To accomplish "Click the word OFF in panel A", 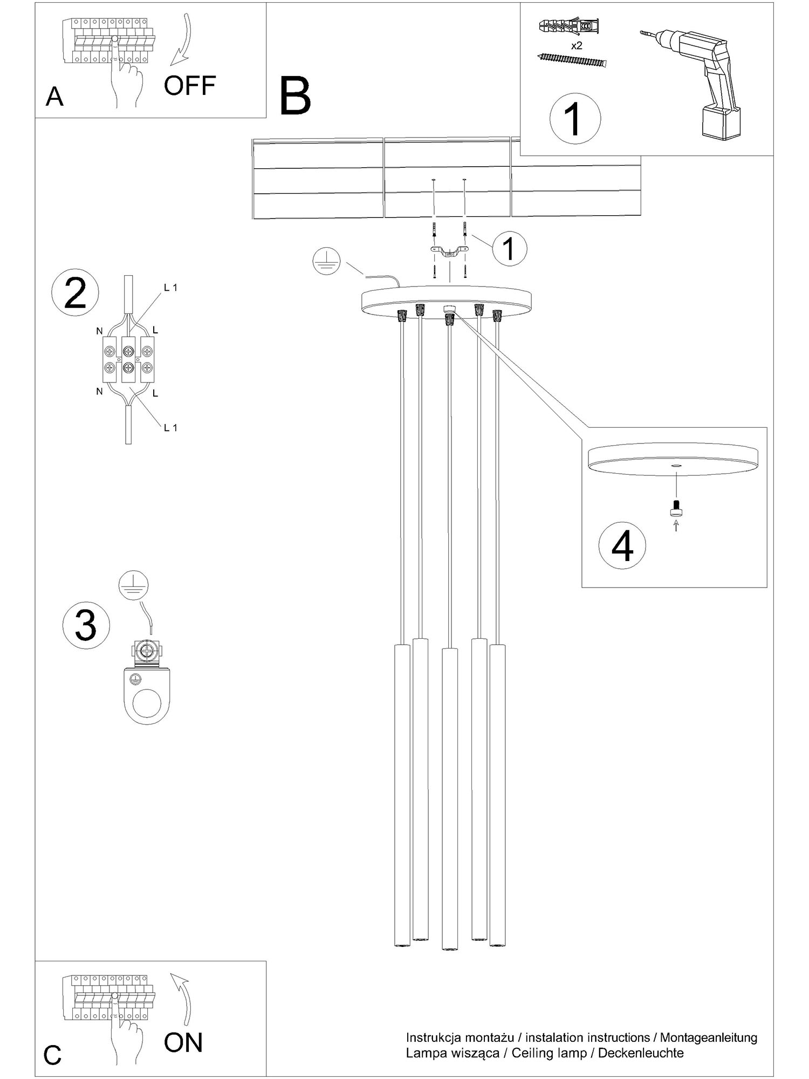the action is pos(190,85).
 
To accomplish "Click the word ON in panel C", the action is pos(183,1043).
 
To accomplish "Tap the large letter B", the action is pos(296,96).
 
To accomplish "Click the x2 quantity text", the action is pos(577,46).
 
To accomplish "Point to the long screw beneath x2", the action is pos(572,59).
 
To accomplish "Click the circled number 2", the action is pos(75,293).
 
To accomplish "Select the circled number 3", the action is pos(86,626).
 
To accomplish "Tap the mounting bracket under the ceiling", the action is pos(449,251).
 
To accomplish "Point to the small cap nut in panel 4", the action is pos(676,508).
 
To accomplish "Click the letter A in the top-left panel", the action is pos(54,97).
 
